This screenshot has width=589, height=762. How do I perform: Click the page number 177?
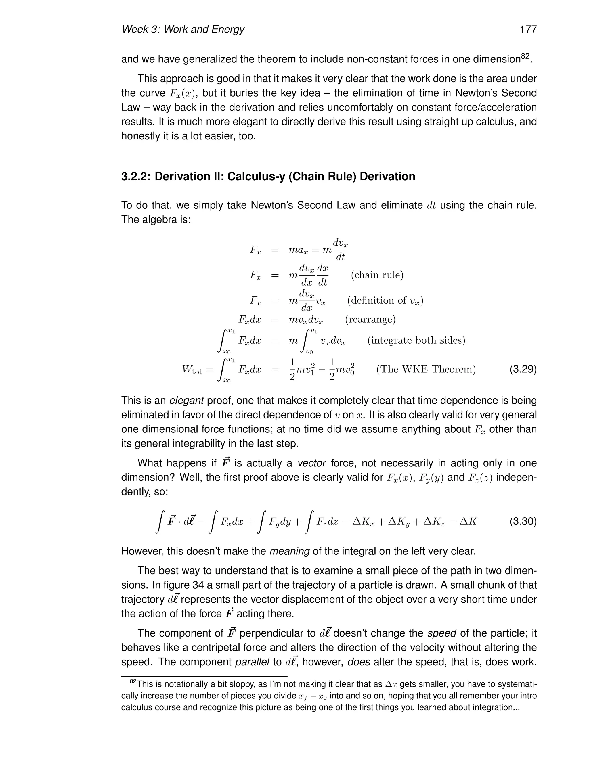[x=528, y=29]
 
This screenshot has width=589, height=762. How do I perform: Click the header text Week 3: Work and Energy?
[x=183, y=29]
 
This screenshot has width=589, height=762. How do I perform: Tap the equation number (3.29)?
[x=523, y=369]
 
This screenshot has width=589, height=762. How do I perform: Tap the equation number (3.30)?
[x=523, y=522]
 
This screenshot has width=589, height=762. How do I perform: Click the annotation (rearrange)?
[x=370, y=319]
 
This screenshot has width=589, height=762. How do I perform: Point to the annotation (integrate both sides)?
[x=416, y=340]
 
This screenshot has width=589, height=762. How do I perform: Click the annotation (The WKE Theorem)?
[x=426, y=369]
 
